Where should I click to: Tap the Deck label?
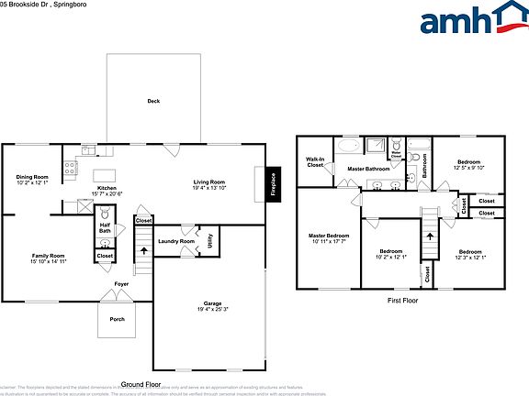click(x=155, y=101)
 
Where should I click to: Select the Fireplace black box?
click(x=273, y=181)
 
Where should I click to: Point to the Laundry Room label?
click(x=175, y=241)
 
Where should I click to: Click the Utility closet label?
click(x=210, y=240)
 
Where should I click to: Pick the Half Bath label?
click(x=106, y=227)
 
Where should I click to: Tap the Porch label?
click(x=118, y=319)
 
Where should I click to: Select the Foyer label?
click(x=121, y=284)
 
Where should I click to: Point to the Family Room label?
click(x=48, y=258)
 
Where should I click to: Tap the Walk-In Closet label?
click(x=315, y=162)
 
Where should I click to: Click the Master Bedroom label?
click(x=327, y=238)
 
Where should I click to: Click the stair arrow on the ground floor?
click(x=142, y=246)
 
